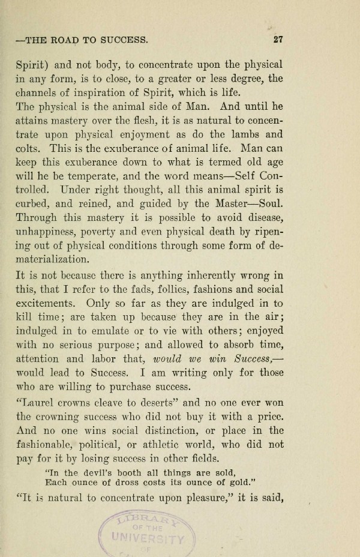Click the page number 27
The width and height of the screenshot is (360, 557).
277,41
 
